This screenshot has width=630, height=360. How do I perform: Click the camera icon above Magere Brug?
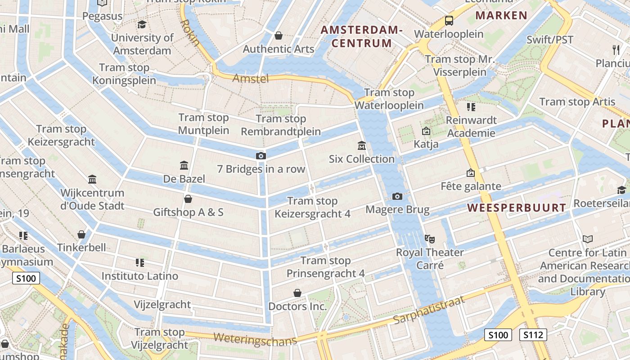[x=397, y=196]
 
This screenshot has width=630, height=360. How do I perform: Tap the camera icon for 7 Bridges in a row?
[x=261, y=156]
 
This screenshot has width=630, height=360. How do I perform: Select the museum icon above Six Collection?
[x=361, y=145]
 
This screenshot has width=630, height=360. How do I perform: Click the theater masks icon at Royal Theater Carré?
[x=429, y=238]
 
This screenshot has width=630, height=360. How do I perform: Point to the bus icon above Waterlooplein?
[x=449, y=20]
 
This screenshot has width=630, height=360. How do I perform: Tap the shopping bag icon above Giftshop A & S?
[x=188, y=198]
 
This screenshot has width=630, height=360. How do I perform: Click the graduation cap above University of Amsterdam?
[x=142, y=24]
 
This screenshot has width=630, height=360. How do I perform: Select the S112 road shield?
[x=533, y=335]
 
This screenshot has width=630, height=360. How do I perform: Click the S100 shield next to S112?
[x=498, y=335]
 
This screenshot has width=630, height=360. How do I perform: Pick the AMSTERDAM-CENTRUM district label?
[x=361, y=37]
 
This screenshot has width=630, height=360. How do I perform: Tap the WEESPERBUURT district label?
[x=517, y=208]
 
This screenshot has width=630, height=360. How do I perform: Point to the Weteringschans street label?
[x=255, y=338]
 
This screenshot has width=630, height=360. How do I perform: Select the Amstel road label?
[x=251, y=79]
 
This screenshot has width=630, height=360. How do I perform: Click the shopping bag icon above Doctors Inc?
[x=297, y=293]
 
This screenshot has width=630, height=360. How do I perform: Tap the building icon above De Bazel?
[x=184, y=165]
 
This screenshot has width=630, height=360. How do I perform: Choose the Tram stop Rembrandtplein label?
[x=281, y=125]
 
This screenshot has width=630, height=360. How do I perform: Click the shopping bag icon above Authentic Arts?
[x=279, y=36]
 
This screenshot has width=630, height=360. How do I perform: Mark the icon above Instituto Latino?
[x=139, y=262]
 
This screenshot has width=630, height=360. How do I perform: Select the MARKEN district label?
[x=501, y=15]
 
